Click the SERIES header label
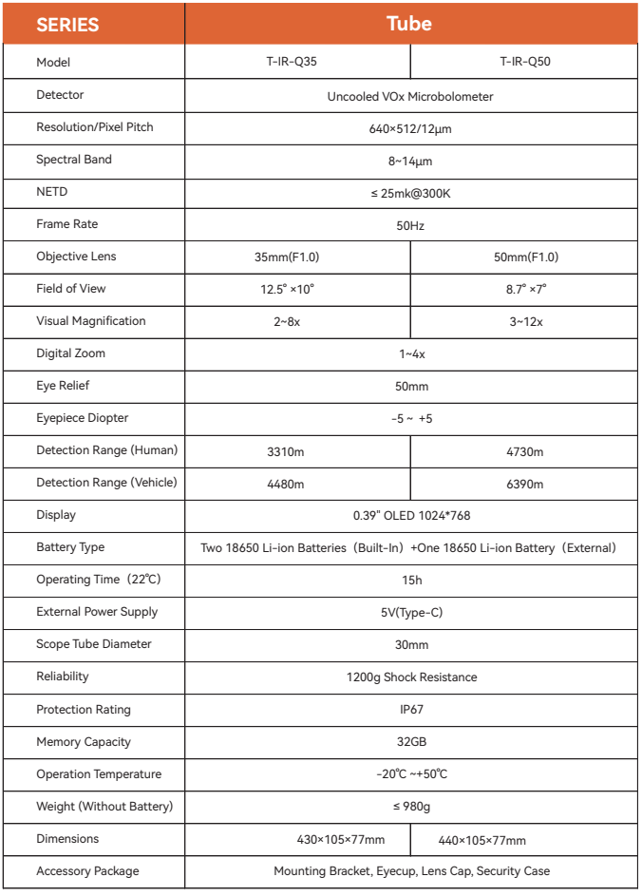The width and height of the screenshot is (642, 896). tap(67, 24)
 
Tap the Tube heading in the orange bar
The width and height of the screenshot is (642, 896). tap(409, 24)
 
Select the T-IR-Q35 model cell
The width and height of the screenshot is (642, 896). tap(297, 63)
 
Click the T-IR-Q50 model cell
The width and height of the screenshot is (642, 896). tap(524, 63)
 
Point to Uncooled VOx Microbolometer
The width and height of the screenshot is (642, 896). tap(410, 96)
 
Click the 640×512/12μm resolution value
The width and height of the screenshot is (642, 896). tap(410, 128)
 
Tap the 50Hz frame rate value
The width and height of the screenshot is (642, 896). tap(410, 225)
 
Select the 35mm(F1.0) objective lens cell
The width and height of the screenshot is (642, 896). tap(297, 257)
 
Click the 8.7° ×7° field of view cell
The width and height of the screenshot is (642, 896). tap(525, 290)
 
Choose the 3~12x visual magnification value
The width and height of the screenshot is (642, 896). tap(525, 322)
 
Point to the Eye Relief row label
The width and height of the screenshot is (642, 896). tap(63, 386)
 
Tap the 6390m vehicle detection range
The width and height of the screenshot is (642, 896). tap(525, 484)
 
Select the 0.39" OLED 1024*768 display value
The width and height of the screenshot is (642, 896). tap(411, 516)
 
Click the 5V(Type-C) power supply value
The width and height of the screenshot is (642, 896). tap(411, 613)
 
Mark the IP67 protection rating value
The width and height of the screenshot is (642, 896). tap(411, 710)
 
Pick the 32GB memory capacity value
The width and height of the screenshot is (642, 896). tap(411, 742)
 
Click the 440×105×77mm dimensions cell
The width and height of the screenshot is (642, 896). tap(481, 840)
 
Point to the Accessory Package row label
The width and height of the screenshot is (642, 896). tap(87, 871)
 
